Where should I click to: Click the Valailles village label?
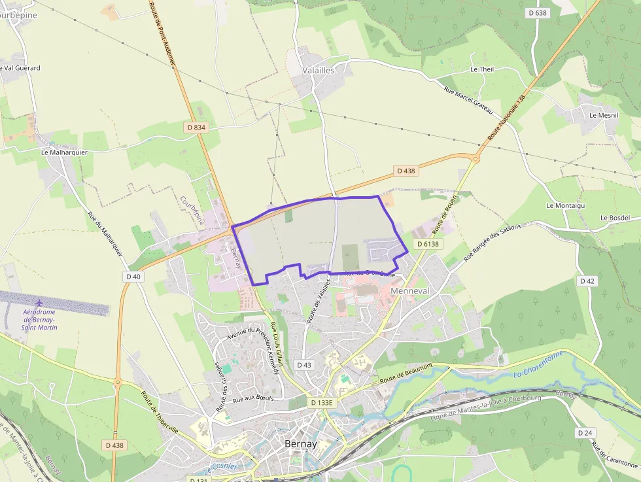pyautogui.click(x=319, y=70)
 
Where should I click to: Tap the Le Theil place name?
pyautogui.click(x=481, y=69)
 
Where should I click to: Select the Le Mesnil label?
pyautogui.click(x=603, y=115)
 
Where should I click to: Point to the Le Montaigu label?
pyautogui.click(x=564, y=205)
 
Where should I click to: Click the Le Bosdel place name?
pyautogui.click(x=615, y=217)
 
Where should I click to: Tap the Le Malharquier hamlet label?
pyautogui.click(x=64, y=152)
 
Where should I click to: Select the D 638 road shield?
pyautogui.click(x=537, y=12)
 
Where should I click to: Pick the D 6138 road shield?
pyautogui.click(x=429, y=244)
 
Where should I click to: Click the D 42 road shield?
pyautogui.click(x=587, y=281)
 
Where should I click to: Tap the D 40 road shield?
pyautogui.click(x=133, y=277)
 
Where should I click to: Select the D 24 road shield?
pyautogui.click(x=585, y=433)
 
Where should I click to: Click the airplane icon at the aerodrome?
pyautogui.click(x=40, y=303)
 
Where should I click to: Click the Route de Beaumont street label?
pyautogui.click(x=407, y=373)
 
